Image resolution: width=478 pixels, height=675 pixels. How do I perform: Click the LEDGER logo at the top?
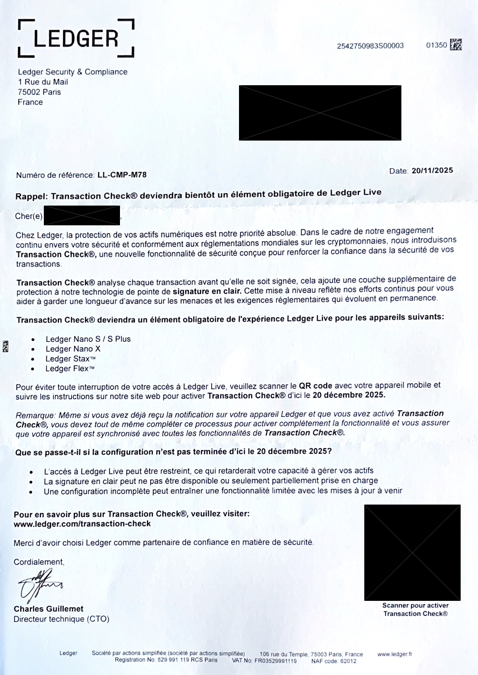[76, 39]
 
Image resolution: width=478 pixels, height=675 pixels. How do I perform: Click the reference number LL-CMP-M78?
[121, 175]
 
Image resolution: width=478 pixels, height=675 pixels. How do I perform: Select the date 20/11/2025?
[432, 170]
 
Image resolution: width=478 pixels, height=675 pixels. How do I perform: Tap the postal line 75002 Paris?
[39, 92]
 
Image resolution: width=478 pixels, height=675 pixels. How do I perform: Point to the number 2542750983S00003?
[370, 46]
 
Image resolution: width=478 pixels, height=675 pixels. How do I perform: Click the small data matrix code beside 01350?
[455, 45]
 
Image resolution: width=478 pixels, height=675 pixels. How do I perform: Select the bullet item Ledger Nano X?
[73, 349]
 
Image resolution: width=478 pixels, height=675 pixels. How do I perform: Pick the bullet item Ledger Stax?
[70, 359]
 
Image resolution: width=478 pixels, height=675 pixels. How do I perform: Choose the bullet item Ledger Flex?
[70, 369]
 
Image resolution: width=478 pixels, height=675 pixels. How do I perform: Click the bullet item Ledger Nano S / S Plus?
[88, 339]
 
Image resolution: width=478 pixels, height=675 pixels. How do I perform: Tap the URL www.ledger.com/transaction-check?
[82, 524]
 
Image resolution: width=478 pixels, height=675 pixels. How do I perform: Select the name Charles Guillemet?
[48, 609]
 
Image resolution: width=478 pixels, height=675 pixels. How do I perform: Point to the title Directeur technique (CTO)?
[61, 619]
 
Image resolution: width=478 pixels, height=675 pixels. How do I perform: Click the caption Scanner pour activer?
[415, 606]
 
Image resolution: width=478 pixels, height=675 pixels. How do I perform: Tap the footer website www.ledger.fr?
[395, 654]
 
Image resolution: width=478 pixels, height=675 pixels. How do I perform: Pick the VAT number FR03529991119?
[276, 661]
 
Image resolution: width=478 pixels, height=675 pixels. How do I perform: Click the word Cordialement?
[39, 562]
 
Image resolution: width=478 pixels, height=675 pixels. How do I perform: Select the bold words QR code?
[315, 386]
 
